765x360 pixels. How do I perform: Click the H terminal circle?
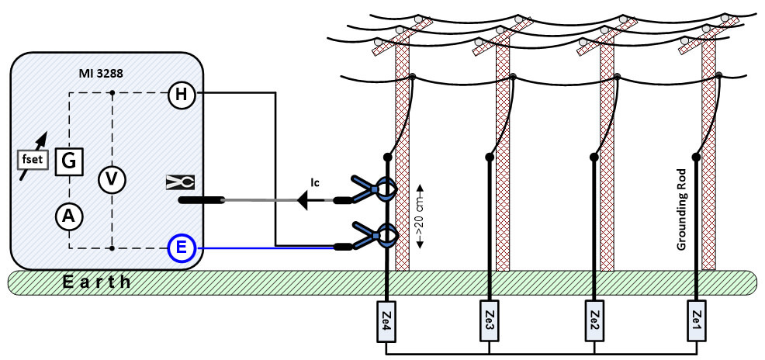pyautogui.click(x=182, y=93)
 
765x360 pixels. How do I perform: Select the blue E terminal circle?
pyautogui.click(x=182, y=247)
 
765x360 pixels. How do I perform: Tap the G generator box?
pyautogui.click(x=69, y=161)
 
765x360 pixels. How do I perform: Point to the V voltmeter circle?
pyautogui.click(x=112, y=180)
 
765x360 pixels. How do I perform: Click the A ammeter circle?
pyautogui.click(x=69, y=217)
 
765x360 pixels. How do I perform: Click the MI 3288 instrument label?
pyautogui.click(x=100, y=75)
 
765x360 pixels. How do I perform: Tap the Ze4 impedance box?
pyautogui.click(x=386, y=321)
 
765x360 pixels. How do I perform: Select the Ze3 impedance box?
pyautogui.click(x=489, y=321)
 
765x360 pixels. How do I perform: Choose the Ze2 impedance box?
pyautogui.click(x=594, y=321)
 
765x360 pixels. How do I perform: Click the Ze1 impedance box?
pyautogui.click(x=696, y=321)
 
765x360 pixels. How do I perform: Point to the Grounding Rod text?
pyautogui.click(x=682, y=209)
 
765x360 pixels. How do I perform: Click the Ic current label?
pyautogui.click(x=315, y=182)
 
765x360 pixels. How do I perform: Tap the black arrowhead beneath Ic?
pyautogui.click(x=303, y=200)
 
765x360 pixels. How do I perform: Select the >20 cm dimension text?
pyautogui.click(x=419, y=216)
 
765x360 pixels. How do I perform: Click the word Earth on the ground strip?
pyautogui.click(x=97, y=282)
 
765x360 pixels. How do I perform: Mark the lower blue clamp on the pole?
pyautogui.click(x=375, y=235)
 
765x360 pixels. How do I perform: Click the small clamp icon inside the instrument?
pyautogui.click(x=180, y=182)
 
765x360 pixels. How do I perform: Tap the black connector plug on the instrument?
pyautogui.click(x=202, y=200)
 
